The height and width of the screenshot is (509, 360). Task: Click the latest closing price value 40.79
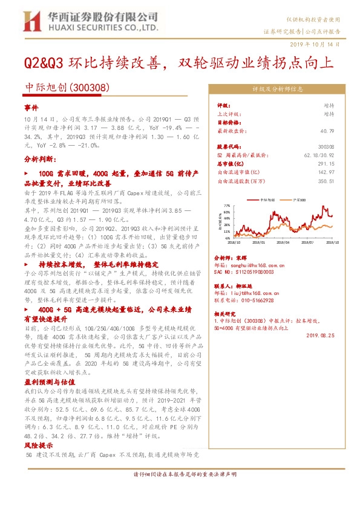328,131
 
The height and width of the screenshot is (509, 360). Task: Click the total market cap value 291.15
327,163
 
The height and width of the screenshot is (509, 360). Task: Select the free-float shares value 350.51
327,180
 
